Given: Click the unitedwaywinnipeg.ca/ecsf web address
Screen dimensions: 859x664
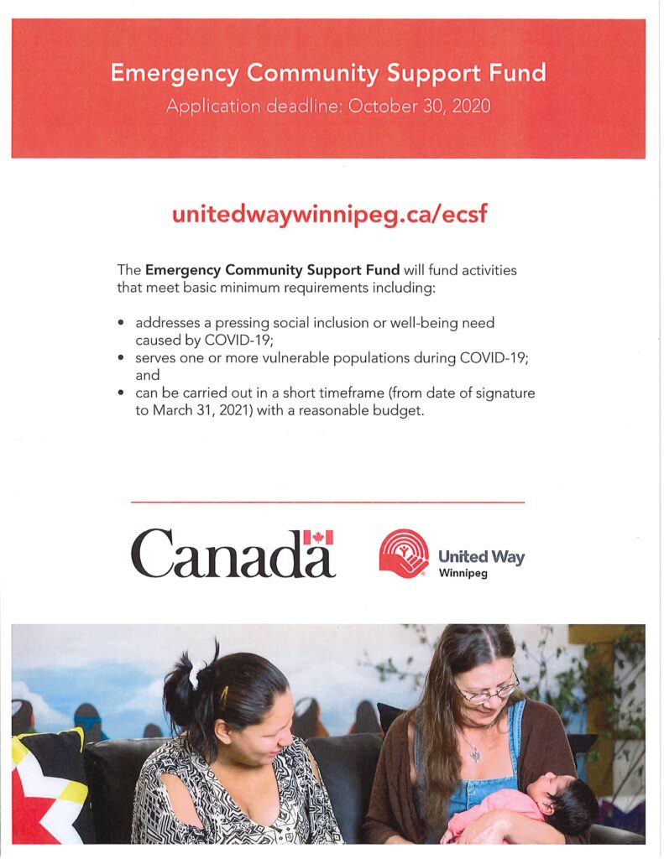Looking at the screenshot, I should pos(328,213).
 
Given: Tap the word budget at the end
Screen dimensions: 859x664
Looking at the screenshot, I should pos(395,411).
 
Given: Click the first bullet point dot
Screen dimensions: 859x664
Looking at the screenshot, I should pos(123,323).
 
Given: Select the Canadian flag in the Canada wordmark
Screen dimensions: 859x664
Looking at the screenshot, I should pos(318,538).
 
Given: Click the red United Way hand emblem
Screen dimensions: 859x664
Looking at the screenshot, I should pos(404,554).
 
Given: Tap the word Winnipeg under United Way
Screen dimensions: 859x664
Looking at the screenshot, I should pos(463,574).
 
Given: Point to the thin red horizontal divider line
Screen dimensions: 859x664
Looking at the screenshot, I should pos(328,502).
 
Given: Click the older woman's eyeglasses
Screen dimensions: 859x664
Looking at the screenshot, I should pos(487,690).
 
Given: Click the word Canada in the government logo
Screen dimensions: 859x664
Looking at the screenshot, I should pos(222,554).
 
